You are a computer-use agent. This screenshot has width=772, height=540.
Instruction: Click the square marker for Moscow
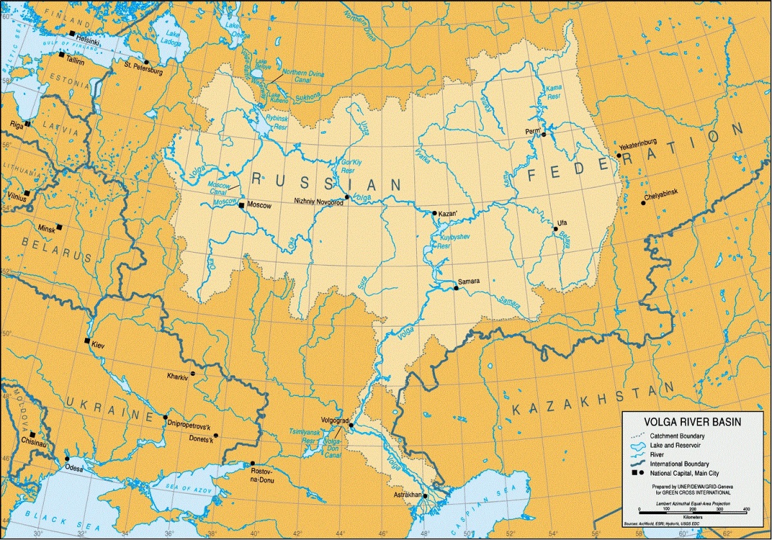[241, 206]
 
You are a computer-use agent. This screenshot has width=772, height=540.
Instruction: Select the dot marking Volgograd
[351, 425]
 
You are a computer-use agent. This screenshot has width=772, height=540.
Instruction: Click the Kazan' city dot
[435, 213]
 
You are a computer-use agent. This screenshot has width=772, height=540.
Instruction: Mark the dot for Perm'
[544, 134]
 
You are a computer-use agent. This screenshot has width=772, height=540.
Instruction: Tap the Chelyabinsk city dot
[643, 203]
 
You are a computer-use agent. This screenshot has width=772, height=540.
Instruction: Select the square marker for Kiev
[87, 341]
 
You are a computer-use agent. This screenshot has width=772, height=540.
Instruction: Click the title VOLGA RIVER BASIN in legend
[692, 422]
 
